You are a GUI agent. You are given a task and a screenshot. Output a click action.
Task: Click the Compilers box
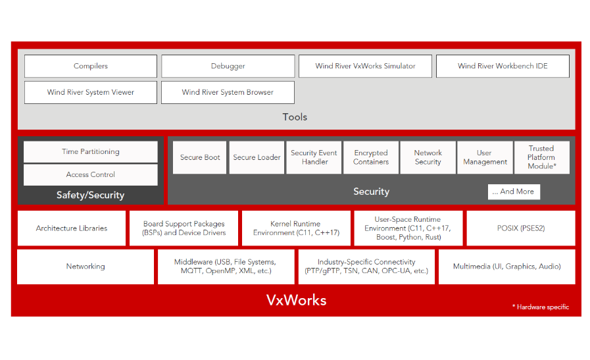91,66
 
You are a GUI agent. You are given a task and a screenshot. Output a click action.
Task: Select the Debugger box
228,66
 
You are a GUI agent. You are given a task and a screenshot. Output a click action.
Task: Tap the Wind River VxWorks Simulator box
365,66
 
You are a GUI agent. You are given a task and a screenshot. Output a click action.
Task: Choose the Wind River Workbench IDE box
503,66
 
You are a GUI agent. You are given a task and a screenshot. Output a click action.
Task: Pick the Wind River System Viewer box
91,92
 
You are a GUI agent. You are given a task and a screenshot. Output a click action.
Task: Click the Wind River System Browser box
228,92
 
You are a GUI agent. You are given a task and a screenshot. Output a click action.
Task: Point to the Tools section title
295,117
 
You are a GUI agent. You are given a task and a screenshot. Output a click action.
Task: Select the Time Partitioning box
91,151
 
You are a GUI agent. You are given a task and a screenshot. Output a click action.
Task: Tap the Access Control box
91,174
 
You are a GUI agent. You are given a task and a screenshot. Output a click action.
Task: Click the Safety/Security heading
91,195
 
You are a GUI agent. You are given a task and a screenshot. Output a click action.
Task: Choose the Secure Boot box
200,157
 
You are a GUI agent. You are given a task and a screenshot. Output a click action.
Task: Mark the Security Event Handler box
314,157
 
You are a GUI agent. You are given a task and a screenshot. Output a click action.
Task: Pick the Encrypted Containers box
371,157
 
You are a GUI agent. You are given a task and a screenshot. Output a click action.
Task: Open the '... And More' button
514,192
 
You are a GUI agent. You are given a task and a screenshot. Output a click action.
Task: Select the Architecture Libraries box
72,228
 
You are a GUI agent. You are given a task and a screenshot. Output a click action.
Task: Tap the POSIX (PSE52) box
520,228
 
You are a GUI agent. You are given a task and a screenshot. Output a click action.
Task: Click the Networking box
86,267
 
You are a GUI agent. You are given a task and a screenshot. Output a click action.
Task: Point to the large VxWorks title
296,300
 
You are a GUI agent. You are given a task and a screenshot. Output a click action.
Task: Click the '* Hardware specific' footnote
540,307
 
